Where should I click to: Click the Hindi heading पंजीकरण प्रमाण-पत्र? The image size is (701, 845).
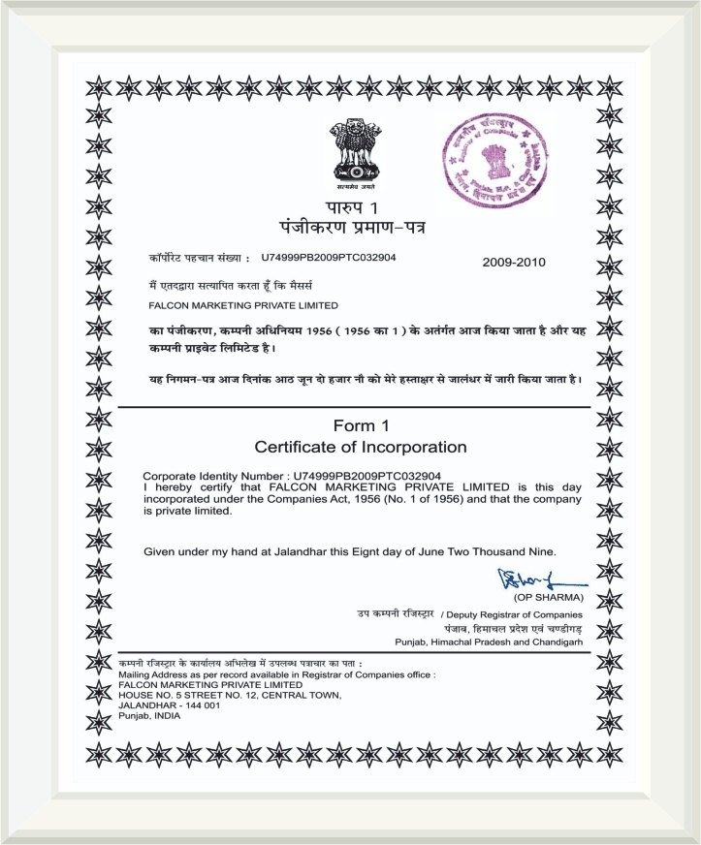(350, 230)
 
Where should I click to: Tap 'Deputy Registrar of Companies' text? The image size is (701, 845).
(515, 614)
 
